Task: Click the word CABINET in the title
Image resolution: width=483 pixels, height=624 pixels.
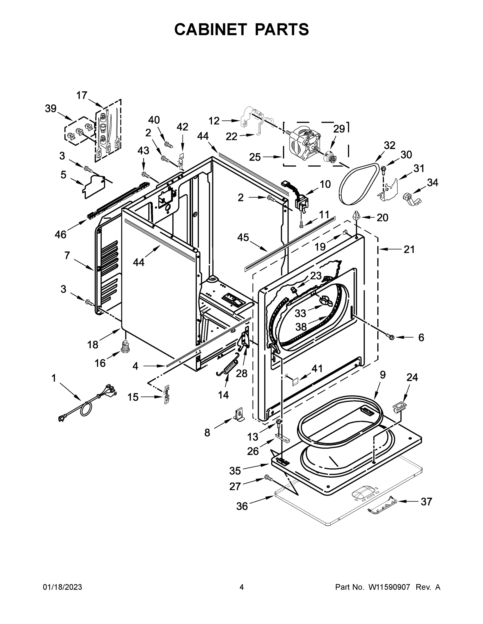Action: [x=210, y=29]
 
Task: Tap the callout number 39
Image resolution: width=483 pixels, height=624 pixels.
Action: [x=51, y=109]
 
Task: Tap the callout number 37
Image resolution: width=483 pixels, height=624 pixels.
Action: [x=426, y=502]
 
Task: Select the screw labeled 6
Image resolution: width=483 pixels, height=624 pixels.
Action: [x=390, y=337]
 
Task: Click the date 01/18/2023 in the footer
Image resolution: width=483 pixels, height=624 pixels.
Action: [x=62, y=587]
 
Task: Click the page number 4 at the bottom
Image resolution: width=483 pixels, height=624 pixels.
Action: [x=242, y=587]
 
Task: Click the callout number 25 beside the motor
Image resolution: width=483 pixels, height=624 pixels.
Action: [x=255, y=157]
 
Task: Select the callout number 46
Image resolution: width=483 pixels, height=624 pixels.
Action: [x=60, y=235]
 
